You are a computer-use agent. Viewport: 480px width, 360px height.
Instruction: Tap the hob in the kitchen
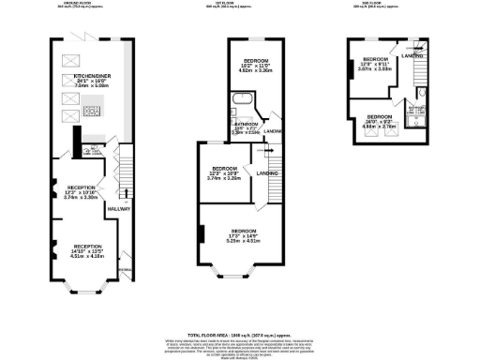[x=93, y=112]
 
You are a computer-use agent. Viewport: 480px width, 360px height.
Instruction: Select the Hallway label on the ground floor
[x=119, y=208]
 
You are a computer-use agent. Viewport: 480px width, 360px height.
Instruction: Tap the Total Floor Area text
[x=240, y=334]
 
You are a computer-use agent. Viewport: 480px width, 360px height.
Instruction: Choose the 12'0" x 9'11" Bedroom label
[x=377, y=64]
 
